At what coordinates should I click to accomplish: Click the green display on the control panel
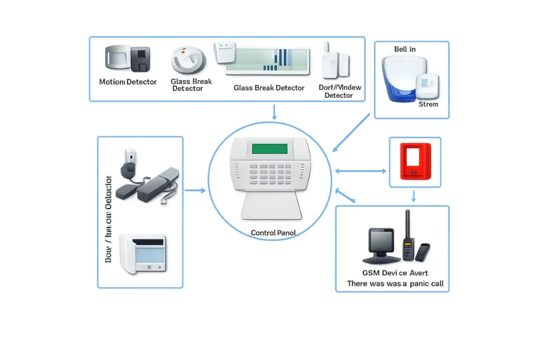[x=269, y=148]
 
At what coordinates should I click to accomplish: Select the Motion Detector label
[x=128, y=82]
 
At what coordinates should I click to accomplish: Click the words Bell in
[x=404, y=49]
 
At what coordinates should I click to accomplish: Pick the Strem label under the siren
[x=428, y=104]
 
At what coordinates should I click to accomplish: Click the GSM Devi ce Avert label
[x=395, y=273]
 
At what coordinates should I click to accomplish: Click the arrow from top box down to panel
[x=274, y=112]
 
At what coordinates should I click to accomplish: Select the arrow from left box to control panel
[x=195, y=190]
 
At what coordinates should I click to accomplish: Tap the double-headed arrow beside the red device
[x=361, y=171]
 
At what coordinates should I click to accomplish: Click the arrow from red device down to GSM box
[x=414, y=196]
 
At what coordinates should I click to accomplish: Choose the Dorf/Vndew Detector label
[x=339, y=91]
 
